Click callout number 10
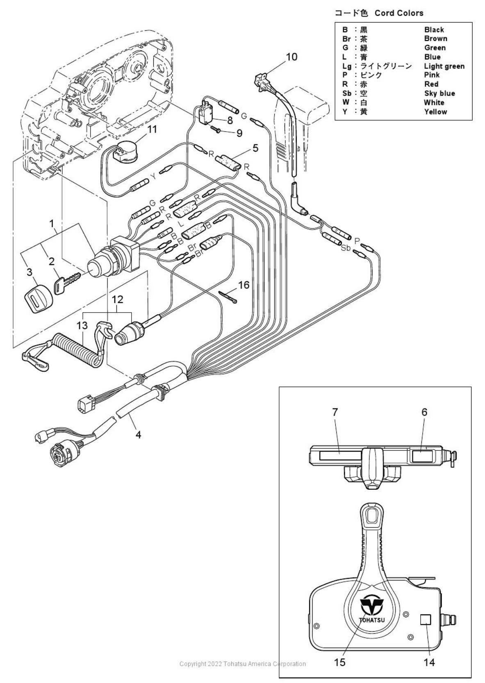pos(291,57)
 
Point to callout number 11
pos(152,129)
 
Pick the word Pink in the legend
pos(432,75)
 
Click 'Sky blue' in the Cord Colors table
pos(439,94)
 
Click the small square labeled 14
pos(426,619)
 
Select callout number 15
pos(340,662)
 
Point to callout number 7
pos(335,412)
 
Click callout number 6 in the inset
pos(424,412)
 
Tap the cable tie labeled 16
pos(228,297)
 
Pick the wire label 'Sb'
pos(346,249)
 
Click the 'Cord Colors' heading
pos(398,13)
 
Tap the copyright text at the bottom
pos(242,664)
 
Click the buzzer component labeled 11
pos(123,150)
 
